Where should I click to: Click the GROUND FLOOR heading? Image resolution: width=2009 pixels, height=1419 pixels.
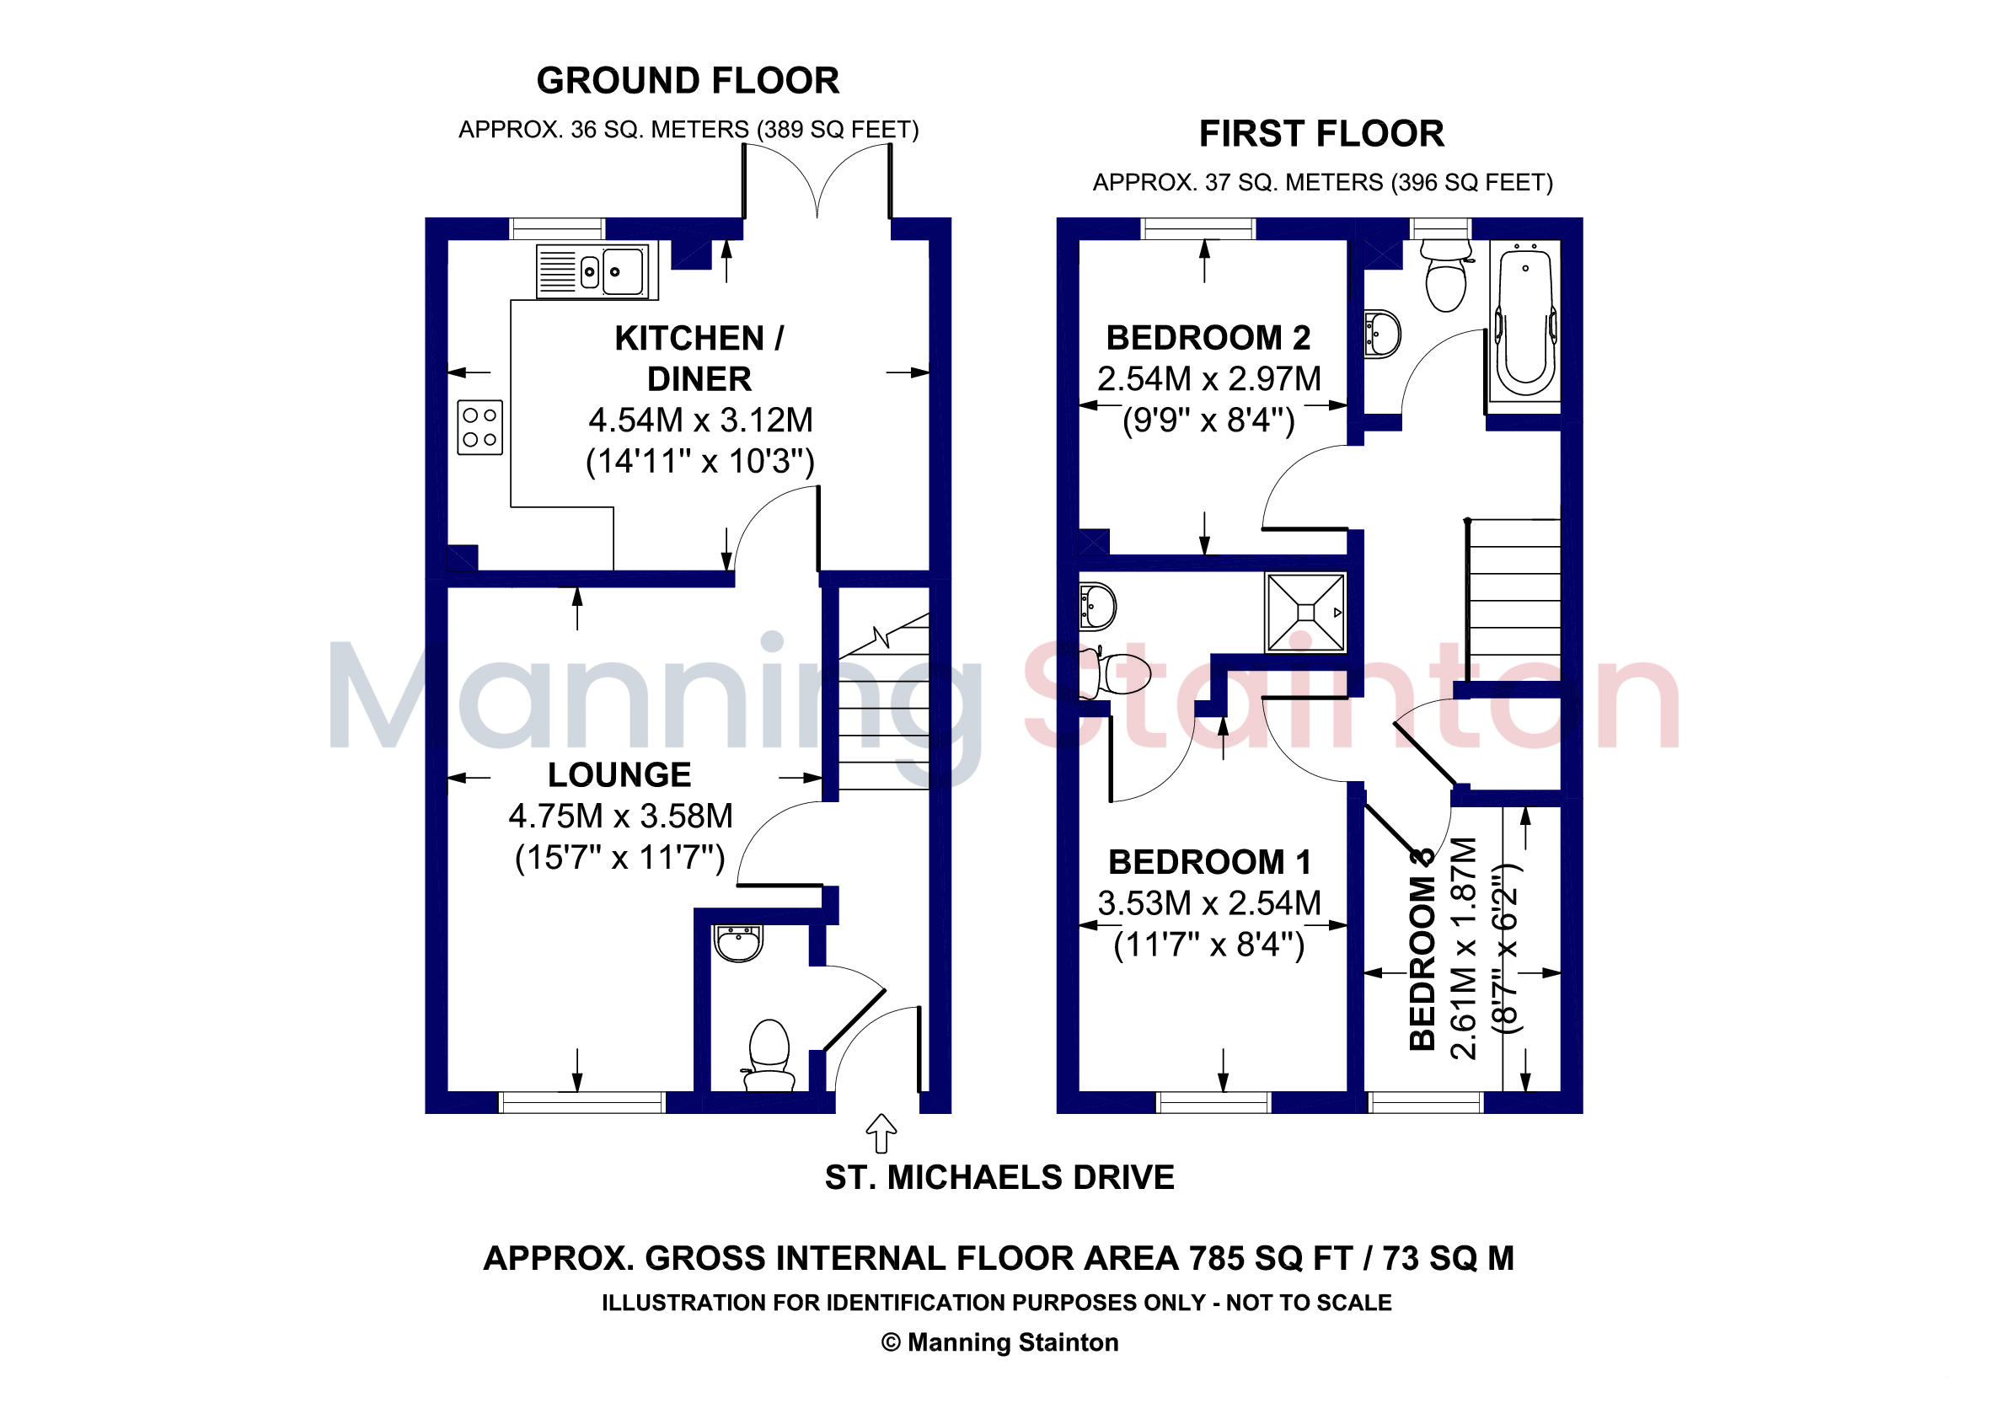pyautogui.click(x=688, y=81)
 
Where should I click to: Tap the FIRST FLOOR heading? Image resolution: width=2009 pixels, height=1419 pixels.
pyautogui.click(x=1321, y=134)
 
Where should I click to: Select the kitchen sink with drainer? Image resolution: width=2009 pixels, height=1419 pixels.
pyautogui.click(x=592, y=271)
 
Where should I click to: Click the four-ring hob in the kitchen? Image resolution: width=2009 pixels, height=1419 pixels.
pyautogui.click(x=479, y=427)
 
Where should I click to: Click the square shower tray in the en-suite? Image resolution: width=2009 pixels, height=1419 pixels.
pyautogui.click(x=1305, y=613)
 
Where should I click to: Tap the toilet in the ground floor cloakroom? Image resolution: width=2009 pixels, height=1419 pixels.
pyautogui.click(x=769, y=1054)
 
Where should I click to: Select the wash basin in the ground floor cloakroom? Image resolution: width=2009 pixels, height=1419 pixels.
pyautogui.click(x=739, y=943)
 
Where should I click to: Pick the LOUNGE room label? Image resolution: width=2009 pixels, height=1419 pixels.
pyautogui.click(x=619, y=775)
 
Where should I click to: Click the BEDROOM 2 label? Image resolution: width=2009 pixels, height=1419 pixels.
pyautogui.click(x=1208, y=338)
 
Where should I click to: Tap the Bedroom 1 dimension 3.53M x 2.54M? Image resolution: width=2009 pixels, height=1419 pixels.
pyautogui.click(x=1209, y=902)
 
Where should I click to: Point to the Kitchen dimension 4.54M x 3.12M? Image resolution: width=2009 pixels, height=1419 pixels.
pyautogui.click(x=700, y=420)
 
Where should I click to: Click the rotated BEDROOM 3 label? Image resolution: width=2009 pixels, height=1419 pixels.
pyautogui.click(x=1422, y=948)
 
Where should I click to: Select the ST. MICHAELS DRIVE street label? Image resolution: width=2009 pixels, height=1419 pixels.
pyautogui.click(x=999, y=1177)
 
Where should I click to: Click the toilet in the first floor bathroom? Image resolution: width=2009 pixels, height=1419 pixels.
pyautogui.click(x=1444, y=275)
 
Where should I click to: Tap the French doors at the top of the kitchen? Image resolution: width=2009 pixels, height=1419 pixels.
pyautogui.click(x=817, y=181)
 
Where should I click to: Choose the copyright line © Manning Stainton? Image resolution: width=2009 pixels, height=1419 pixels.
pyautogui.click(x=1000, y=1342)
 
